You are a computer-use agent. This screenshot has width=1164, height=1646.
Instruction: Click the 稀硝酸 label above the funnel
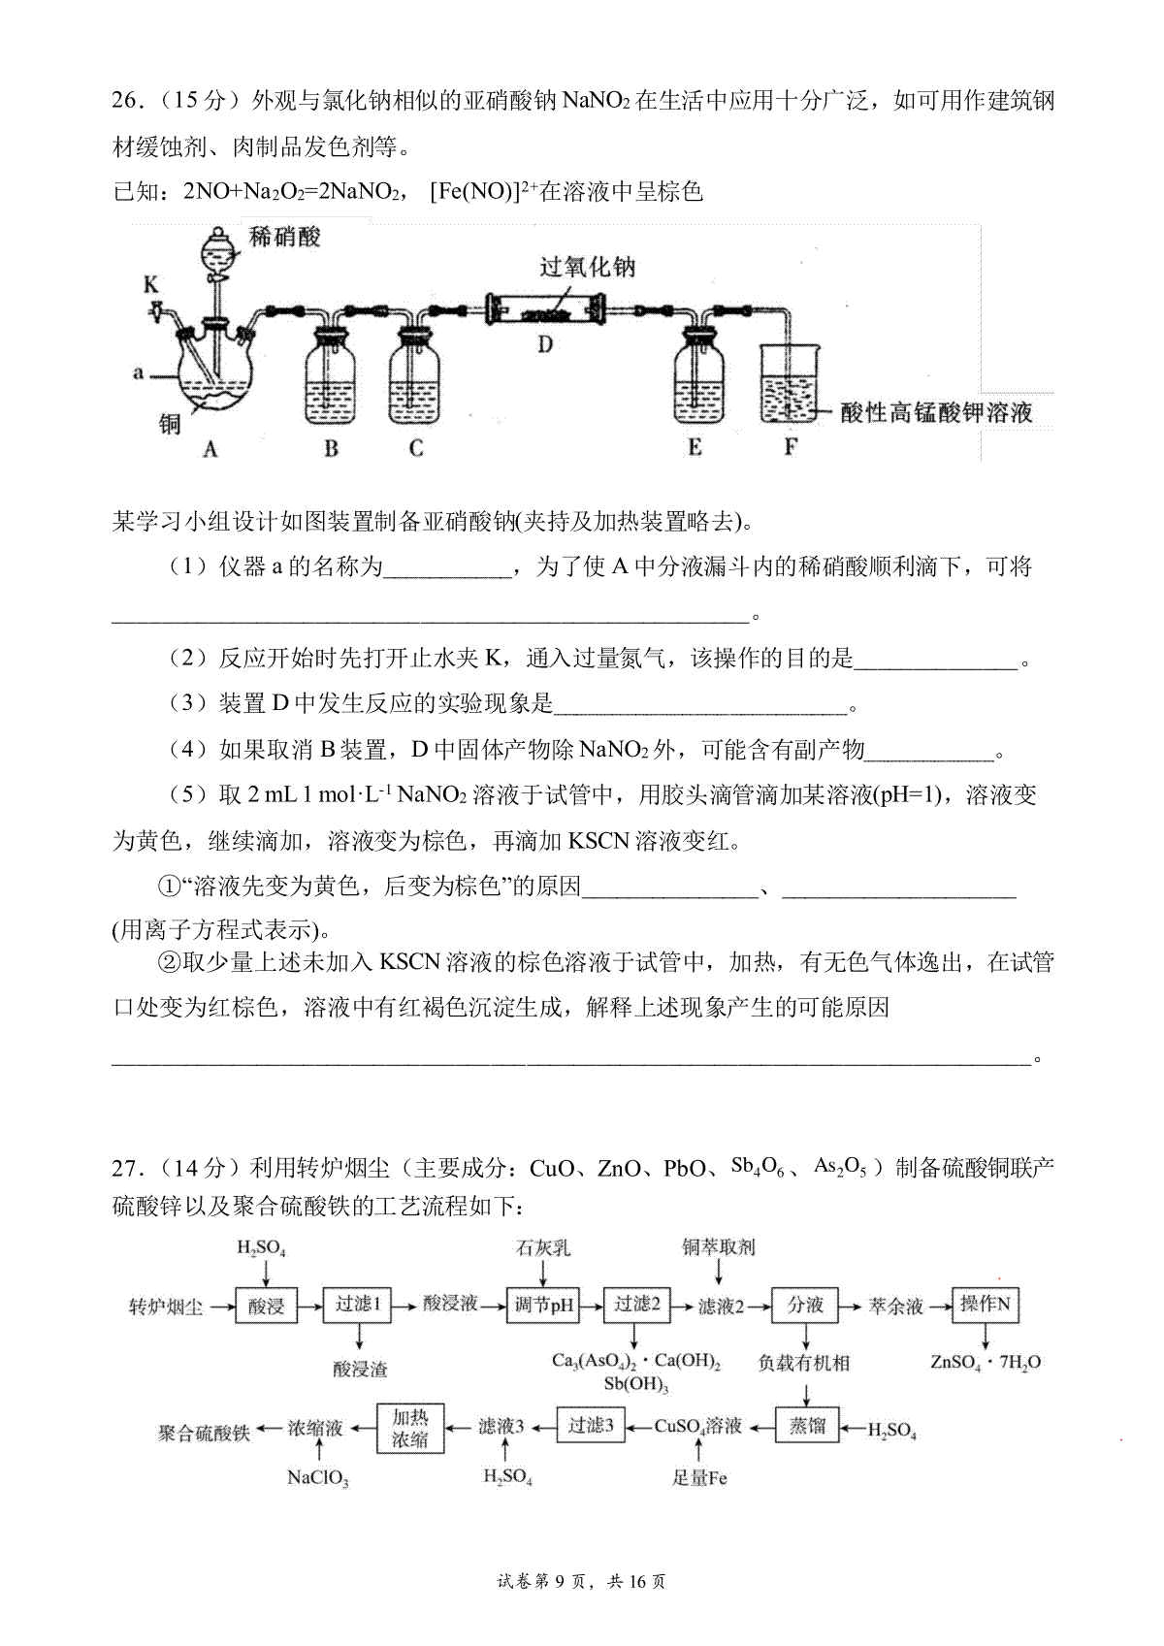point(284,238)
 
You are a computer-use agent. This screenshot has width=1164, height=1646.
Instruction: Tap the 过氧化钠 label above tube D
point(587,267)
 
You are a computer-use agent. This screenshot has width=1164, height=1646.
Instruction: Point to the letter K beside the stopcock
point(151,284)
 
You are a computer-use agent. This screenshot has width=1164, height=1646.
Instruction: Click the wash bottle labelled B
point(330,377)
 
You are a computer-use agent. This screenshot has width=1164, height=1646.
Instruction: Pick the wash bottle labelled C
point(414,377)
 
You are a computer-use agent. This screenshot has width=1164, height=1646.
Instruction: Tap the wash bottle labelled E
point(698,377)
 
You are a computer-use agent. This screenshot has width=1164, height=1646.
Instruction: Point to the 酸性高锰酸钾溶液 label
point(936,413)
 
